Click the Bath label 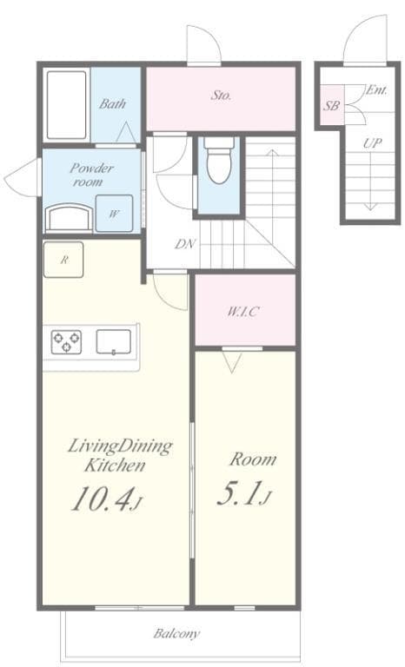(x=112, y=103)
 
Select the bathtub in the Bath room (x=66, y=105)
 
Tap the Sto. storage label (x=221, y=96)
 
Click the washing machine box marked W (x=114, y=213)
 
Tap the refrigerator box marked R (x=63, y=260)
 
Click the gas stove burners (x=66, y=342)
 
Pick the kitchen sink (x=113, y=342)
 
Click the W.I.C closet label (x=244, y=311)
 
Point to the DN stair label (x=184, y=244)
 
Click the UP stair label (x=371, y=143)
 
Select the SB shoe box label (x=331, y=106)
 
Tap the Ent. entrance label (x=376, y=89)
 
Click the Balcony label (x=177, y=634)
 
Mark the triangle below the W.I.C (x=231, y=362)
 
